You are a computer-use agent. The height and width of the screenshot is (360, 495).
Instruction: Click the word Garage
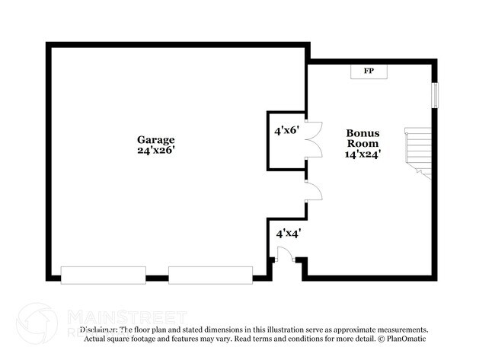(x=156, y=140)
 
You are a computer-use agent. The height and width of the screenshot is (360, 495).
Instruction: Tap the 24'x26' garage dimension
(x=156, y=151)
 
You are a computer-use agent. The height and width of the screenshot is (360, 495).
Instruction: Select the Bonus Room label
(x=363, y=138)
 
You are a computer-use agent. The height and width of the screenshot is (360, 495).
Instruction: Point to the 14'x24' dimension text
(x=363, y=154)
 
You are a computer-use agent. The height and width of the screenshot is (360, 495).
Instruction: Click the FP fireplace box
(x=369, y=72)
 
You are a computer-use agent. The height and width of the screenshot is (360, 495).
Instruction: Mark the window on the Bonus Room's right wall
(x=436, y=96)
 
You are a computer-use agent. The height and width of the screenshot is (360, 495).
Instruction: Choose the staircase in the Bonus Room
(x=418, y=151)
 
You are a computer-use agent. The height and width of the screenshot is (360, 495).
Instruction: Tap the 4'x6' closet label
(x=286, y=131)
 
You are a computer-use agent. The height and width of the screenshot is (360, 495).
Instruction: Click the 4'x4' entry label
(x=288, y=234)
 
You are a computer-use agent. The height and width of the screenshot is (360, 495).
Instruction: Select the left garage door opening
(x=103, y=275)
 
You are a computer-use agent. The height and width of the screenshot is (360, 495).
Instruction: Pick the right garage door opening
(x=210, y=275)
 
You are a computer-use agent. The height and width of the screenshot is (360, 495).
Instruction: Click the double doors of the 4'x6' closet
(x=314, y=140)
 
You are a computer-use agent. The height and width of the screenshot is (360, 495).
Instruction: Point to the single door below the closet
(x=313, y=192)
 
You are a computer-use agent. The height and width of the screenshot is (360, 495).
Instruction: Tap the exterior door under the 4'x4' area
(x=285, y=255)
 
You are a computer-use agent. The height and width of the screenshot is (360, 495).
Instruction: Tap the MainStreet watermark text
(x=126, y=316)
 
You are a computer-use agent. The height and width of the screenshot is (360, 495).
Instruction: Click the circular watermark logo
(x=36, y=321)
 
